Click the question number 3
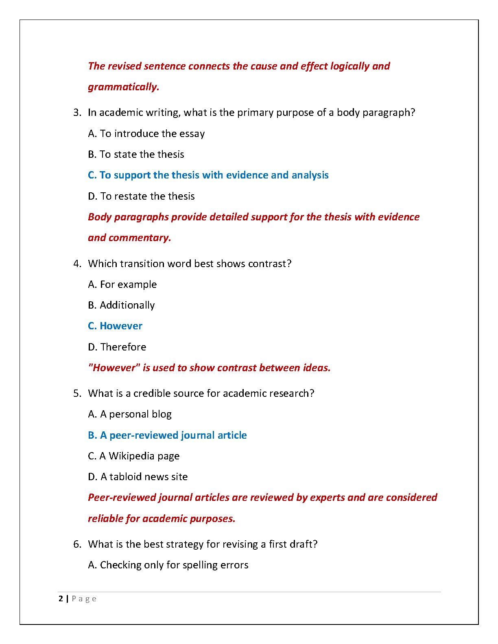tap(77, 113)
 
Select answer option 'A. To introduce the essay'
tap(146, 134)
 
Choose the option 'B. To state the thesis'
tap(136, 154)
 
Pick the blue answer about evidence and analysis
tap(208, 175)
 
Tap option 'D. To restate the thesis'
tap(141, 196)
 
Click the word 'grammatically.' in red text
tap(123, 87)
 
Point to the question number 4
tap(77, 264)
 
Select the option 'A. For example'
tap(122, 285)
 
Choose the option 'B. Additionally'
tap(121, 305)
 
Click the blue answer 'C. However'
tap(115, 326)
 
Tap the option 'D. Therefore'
tap(117, 347)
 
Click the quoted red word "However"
tap(114, 368)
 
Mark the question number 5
tap(77, 394)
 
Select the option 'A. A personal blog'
tap(129, 414)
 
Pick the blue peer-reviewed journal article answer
tap(167, 435)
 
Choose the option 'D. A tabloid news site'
tap(138, 477)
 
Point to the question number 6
tap(77, 544)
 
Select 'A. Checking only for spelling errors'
tap(168, 565)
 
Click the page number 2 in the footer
tap(61, 599)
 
